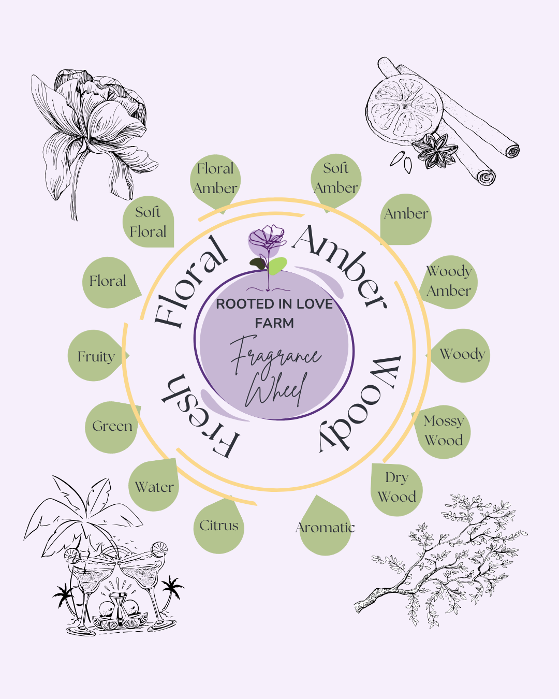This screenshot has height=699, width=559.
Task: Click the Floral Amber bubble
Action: [215, 179]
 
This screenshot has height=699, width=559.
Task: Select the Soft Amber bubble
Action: [336, 179]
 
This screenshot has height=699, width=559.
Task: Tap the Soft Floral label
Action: [148, 222]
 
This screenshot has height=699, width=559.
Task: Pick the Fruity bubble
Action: [95, 356]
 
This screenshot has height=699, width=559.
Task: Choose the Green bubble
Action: [112, 426]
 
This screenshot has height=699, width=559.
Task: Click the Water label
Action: [154, 487]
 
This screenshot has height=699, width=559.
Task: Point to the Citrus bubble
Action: [219, 526]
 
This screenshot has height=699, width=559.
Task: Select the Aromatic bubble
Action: [325, 528]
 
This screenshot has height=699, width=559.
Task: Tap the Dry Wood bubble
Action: [397, 488]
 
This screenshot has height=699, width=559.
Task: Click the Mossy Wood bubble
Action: [444, 431]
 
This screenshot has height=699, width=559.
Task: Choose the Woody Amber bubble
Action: [449, 281]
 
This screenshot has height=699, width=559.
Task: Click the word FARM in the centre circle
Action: [274, 323]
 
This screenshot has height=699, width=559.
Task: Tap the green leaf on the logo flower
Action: [277, 265]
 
